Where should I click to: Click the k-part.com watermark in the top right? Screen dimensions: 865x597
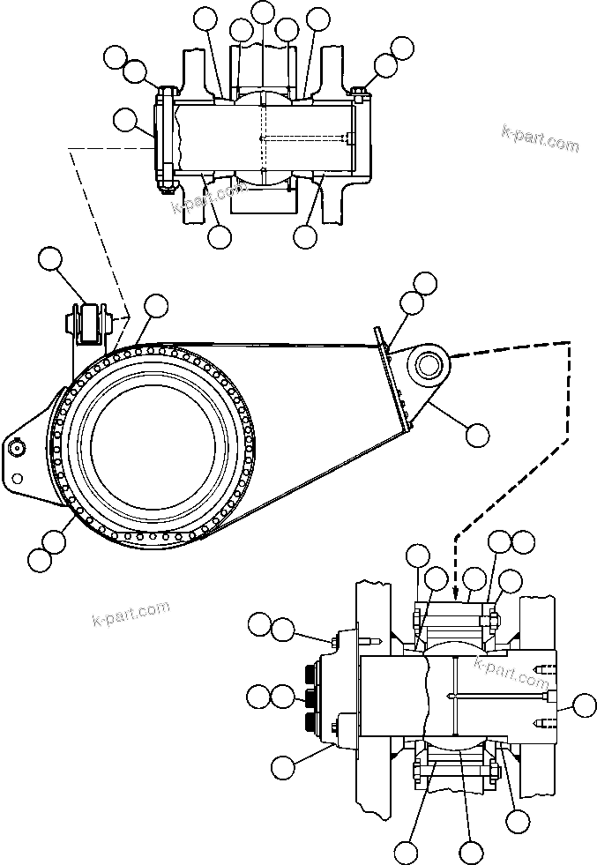(x=540, y=138)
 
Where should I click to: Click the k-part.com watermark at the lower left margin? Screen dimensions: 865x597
(x=130, y=614)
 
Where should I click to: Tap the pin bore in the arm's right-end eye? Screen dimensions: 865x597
(x=429, y=362)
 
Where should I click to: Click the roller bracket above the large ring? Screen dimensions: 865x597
(x=89, y=323)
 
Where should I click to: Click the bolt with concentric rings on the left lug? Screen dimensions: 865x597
(x=15, y=448)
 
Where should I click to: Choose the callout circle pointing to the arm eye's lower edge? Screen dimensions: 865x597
(x=476, y=433)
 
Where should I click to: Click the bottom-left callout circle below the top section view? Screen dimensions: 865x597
(x=220, y=235)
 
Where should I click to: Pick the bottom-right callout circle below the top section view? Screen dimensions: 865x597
(x=305, y=235)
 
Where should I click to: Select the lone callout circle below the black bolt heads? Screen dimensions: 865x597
(x=282, y=767)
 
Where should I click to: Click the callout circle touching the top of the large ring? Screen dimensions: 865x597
(x=155, y=306)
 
